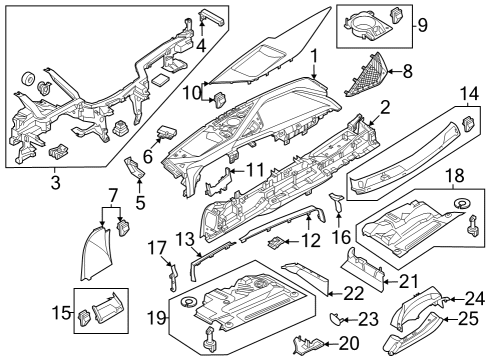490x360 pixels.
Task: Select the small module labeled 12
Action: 280,243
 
